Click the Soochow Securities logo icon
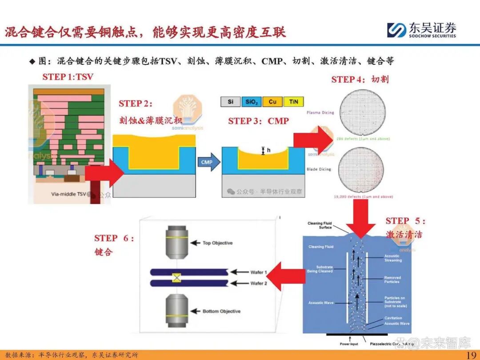[396, 30]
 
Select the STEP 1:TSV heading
[68, 77]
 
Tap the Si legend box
[231, 102]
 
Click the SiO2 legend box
[252, 102]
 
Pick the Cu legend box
[272, 102]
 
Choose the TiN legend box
[293, 102]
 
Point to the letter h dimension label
[268, 151]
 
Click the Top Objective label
[217, 243]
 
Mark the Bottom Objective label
[221, 311]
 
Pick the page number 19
[471, 355]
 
